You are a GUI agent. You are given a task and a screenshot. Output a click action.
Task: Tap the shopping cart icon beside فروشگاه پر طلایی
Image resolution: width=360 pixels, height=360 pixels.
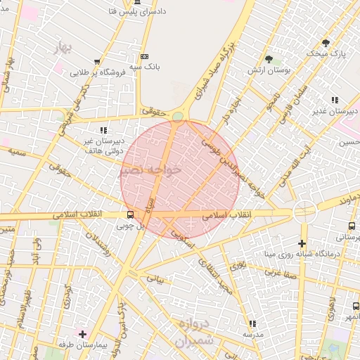96,62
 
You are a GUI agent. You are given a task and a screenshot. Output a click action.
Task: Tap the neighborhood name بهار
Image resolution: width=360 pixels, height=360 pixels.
63,48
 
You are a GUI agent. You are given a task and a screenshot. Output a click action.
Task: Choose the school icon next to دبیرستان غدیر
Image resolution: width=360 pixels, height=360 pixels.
335,100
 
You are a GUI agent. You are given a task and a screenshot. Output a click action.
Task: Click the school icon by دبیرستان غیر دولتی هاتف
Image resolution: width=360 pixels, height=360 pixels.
103,130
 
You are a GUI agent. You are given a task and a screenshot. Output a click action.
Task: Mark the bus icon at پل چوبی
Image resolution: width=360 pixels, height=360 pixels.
130,215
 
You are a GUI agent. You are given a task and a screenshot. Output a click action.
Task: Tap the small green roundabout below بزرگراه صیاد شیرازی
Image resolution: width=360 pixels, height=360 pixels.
178,116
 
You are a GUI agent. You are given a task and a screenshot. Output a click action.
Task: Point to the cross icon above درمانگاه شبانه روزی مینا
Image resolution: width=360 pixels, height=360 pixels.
302,243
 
